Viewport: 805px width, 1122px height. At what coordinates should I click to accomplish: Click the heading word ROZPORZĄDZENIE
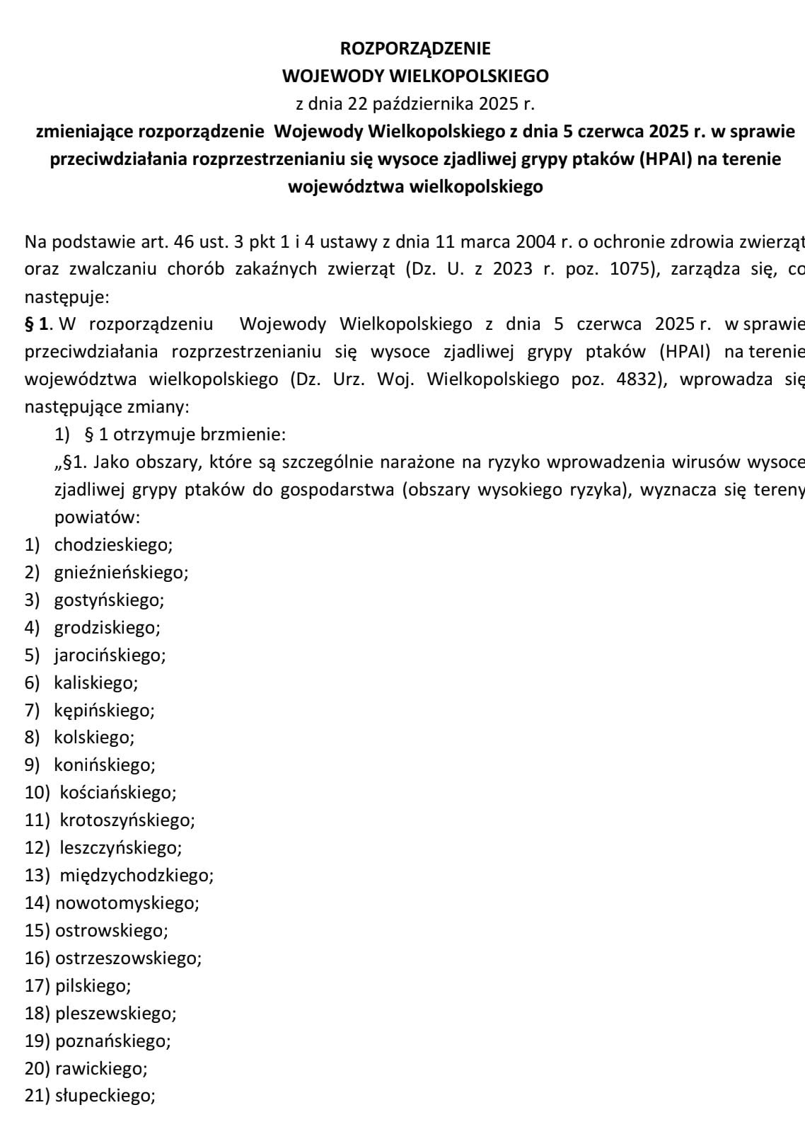tap(415, 48)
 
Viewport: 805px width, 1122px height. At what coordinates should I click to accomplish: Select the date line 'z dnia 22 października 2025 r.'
tap(415, 104)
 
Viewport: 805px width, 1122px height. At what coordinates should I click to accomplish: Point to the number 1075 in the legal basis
tap(625, 269)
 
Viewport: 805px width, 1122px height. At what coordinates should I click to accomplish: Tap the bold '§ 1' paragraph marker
tap(37, 324)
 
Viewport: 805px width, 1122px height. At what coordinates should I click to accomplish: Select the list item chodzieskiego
tap(113, 544)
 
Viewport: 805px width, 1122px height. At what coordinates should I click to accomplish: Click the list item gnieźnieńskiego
tap(121, 572)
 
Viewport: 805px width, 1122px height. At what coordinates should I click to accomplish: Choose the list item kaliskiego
tap(95, 682)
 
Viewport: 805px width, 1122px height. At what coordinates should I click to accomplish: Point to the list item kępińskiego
tap(104, 710)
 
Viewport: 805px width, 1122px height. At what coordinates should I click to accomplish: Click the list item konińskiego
tap(104, 765)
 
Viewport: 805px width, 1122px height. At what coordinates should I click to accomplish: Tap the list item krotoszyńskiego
tap(127, 820)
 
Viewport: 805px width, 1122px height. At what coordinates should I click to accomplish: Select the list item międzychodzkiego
tap(137, 875)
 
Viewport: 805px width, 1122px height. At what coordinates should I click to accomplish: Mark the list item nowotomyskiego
tap(127, 903)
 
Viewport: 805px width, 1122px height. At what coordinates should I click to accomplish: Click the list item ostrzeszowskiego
tap(128, 958)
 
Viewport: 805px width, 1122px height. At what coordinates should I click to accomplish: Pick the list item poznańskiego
tap(113, 1041)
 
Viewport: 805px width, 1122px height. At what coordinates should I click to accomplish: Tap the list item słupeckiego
tap(105, 1096)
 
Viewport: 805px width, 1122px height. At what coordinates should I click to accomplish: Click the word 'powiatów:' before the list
tap(98, 517)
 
